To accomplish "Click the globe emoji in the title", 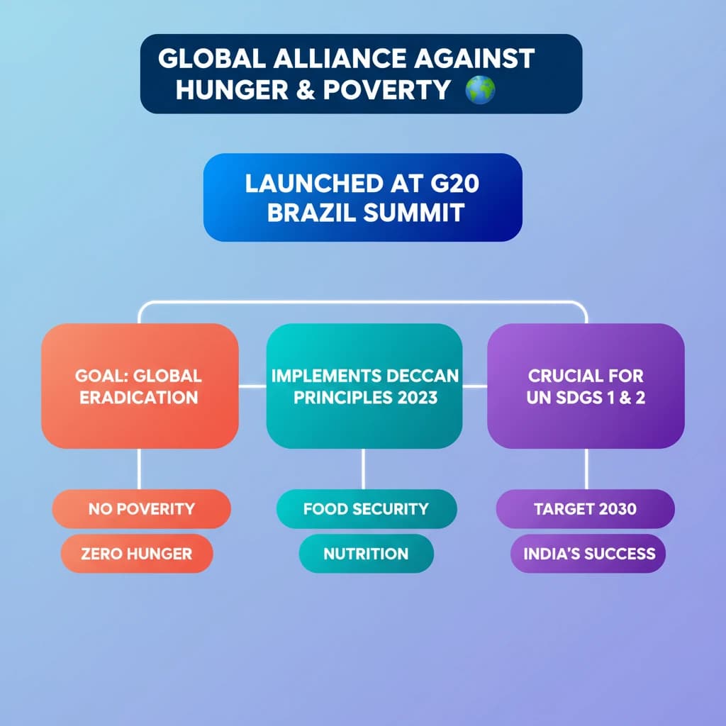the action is coord(480,90).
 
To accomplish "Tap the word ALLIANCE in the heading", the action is coord(340,59).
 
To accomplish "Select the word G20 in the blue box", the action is coord(454,184).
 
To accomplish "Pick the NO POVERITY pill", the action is coord(141,509).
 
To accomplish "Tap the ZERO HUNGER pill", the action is coord(137,553).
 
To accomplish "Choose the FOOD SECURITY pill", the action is coord(367,509).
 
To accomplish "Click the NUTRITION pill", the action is coord(367,553).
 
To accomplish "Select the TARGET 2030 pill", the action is coord(585,509).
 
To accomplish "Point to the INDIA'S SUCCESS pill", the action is coord(588,553).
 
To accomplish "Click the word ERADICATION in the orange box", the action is coord(139,398).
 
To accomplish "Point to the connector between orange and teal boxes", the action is coord(252,386).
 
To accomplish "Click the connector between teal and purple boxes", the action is coord(474,386).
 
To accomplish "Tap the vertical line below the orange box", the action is coord(139,469).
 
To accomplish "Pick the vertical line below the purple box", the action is coord(586,469).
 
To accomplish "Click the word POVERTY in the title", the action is coord(386,90).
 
